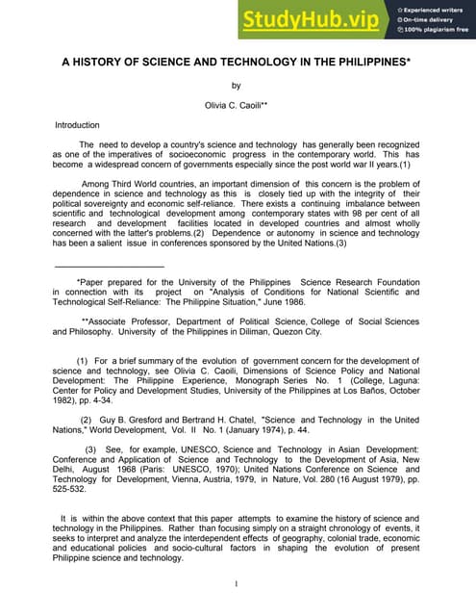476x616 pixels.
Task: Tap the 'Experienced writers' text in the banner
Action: [433, 8]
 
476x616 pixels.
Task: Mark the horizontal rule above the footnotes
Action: [110, 266]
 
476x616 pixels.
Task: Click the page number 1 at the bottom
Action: [237, 584]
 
